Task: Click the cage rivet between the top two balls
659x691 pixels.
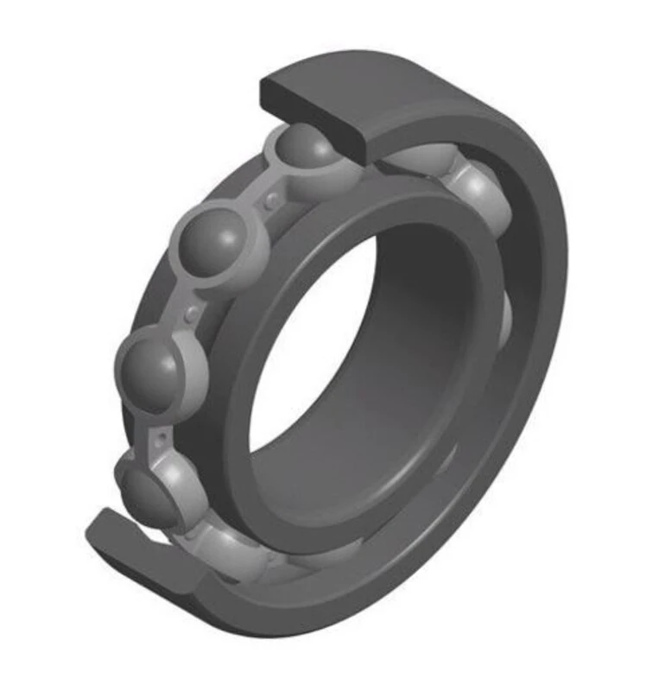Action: [x=273, y=200]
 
